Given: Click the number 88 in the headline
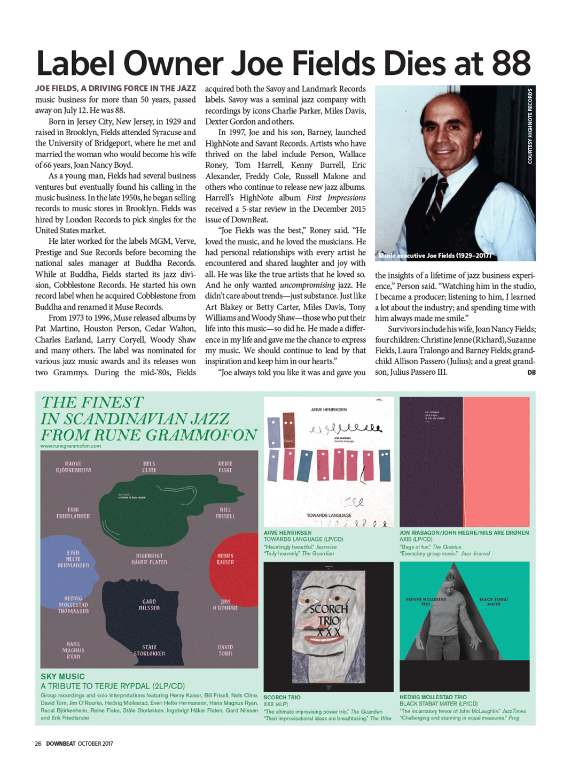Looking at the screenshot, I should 511,64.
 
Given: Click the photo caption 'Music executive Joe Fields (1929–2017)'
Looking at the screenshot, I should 434,256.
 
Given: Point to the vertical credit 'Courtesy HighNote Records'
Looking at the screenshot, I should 530,126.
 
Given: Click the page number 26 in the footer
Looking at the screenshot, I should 38,744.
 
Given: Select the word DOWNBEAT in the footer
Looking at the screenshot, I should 61,744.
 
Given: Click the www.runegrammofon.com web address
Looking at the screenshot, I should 71,446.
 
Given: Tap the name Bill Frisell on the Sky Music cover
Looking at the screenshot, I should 225,513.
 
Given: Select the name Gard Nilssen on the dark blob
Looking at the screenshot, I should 149,605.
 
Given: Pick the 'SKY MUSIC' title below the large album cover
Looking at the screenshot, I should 62,676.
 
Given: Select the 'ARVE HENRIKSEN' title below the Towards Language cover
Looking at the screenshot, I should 287,533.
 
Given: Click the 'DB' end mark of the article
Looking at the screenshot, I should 531,373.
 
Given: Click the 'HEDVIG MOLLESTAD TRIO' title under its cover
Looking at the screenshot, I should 433,697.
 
